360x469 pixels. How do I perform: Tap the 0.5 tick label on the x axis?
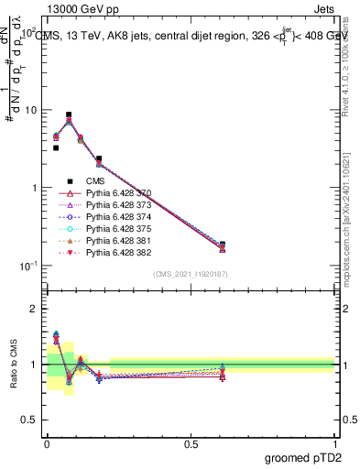191,442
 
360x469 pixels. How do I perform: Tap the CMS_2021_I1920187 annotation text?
190,274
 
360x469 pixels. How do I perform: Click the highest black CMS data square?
70,115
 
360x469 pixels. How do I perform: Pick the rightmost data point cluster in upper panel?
223,246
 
